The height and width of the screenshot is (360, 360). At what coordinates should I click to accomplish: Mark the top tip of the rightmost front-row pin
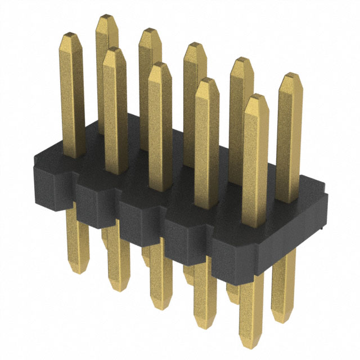pos(256,98)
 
